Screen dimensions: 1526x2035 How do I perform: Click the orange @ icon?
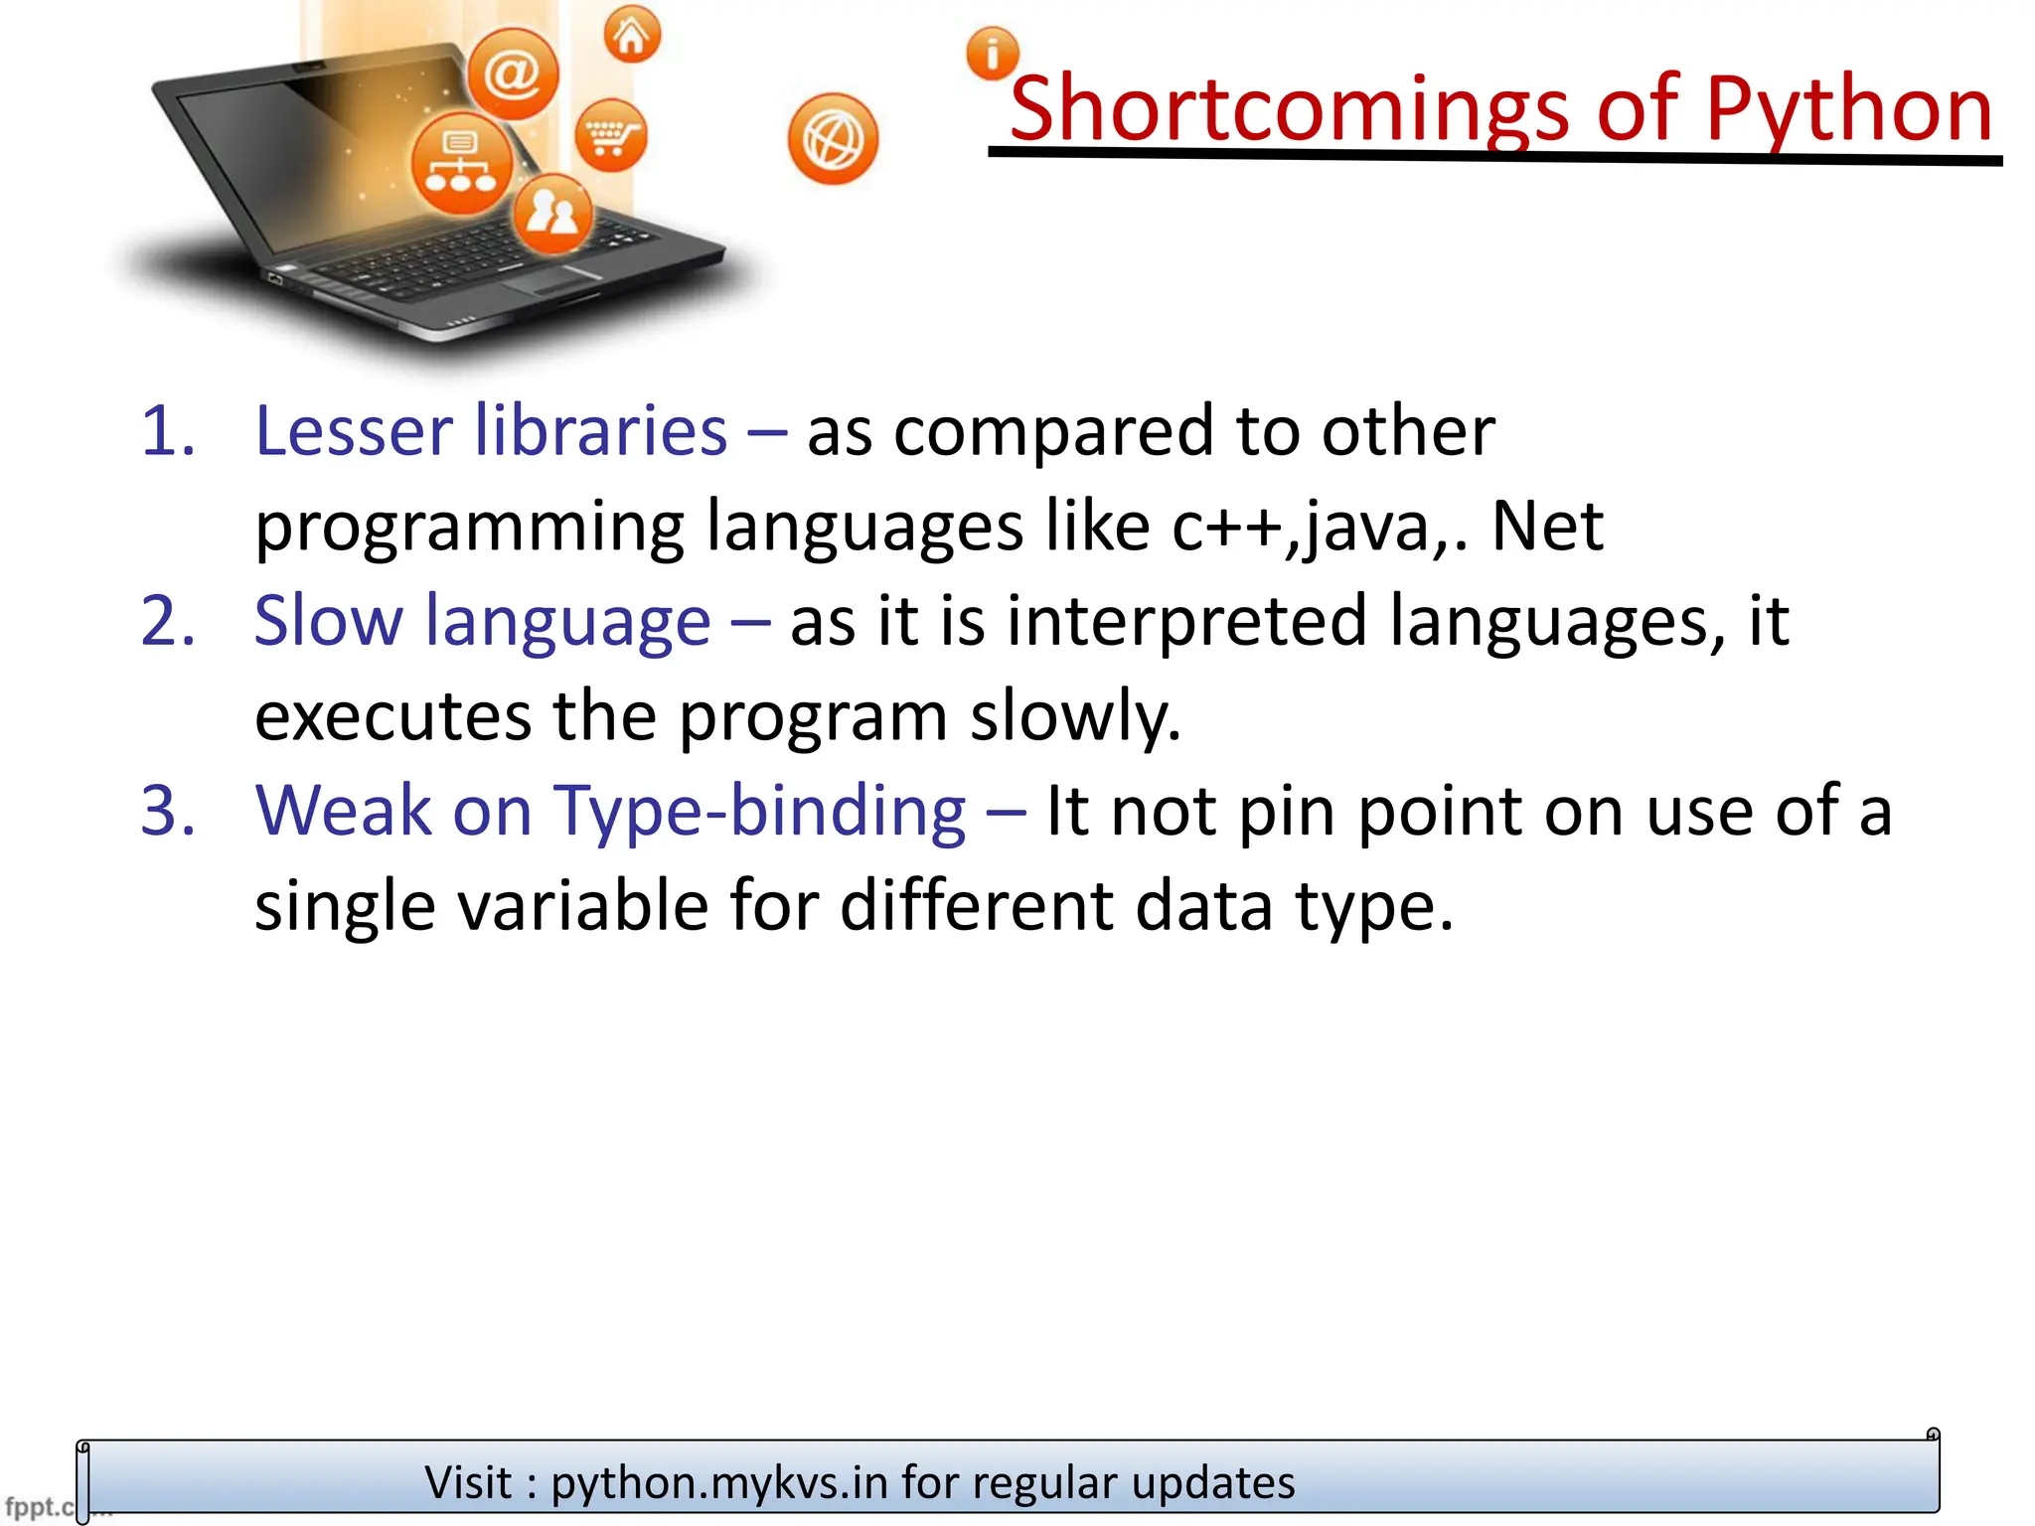[513, 74]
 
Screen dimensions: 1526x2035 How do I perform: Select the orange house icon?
[632, 36]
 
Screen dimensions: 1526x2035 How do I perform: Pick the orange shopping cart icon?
[610, 135]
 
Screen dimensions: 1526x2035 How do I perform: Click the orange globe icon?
[833, 139]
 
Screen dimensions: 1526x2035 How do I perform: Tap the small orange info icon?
[992, 54]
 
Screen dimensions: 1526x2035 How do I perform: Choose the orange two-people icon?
[552, 212]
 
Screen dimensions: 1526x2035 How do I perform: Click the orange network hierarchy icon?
[461, 163]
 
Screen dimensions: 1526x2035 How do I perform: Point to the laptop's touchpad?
[552, 280]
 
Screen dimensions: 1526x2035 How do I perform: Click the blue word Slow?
[328, 622]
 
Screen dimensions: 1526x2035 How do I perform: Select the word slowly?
[1075, 716]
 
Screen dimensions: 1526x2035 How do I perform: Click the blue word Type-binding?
[759, 812]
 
